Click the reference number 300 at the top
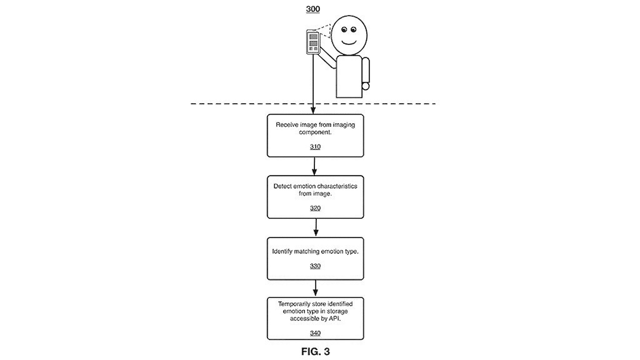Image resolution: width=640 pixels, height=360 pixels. pos(314,9)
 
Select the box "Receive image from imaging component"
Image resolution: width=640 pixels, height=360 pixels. pos(315,136)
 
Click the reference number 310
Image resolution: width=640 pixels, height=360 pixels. pos(315,147)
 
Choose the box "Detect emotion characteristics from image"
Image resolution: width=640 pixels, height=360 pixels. pos(315,196)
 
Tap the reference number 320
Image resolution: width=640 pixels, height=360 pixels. pos(315,208)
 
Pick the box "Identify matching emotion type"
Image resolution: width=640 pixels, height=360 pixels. pos(315,258)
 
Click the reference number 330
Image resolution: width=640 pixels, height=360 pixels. pos(315,266)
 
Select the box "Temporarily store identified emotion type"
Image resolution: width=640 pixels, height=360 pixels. pos(315,319)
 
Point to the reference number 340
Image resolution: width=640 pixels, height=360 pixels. pos(315,333)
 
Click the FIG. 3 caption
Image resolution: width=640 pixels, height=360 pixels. pos(315,350)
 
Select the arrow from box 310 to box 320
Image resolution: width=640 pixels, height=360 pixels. pos(315,166)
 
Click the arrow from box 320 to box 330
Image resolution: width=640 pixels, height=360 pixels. pos(315,228)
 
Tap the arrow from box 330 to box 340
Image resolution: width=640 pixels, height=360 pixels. pos(315,289)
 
